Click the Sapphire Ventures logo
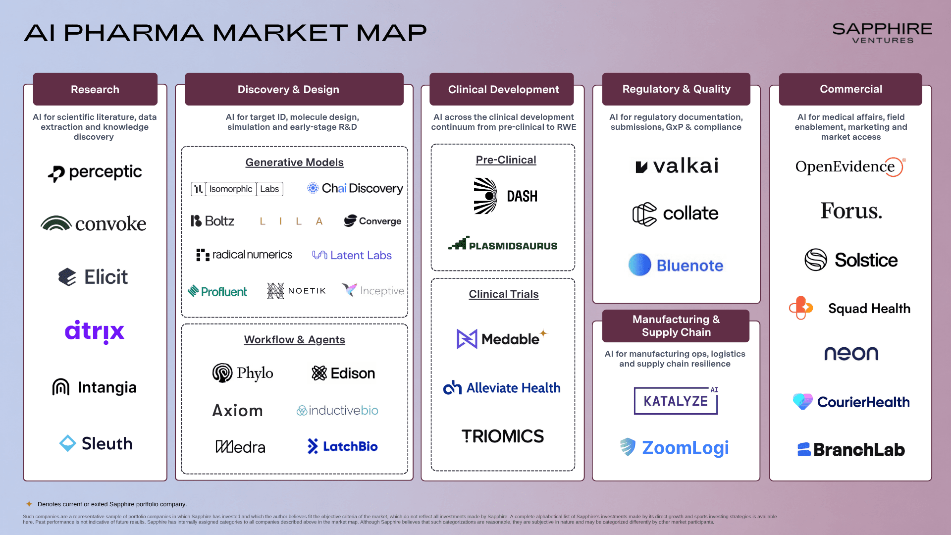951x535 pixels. tap(882, 33)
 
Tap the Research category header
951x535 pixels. tap(95, 89)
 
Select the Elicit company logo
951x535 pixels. tap(93, 277)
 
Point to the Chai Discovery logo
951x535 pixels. tap(355, 188)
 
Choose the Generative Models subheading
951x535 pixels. tap(294, 162)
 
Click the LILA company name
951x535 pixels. tap(291, 221)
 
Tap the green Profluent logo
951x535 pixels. tap(217, 291)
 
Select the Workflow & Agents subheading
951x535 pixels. tap(294, 339)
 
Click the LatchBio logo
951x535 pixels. tap(342, 446)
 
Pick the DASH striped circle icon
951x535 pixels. tap(485, 196)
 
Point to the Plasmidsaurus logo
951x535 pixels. tap(503, 243)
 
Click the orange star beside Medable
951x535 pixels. tap(544, 333)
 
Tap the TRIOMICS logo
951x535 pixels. tap(503, 436)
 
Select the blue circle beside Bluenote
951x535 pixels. tap(639, 265)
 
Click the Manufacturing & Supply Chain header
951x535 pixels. tap(676, 325)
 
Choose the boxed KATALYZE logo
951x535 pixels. tap(676, 400)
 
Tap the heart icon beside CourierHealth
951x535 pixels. tap(802, 401)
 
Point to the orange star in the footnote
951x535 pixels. tap(29, 504)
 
